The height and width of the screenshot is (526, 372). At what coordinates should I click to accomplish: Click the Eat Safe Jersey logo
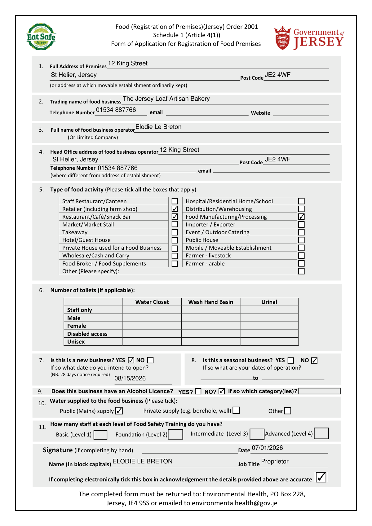tap(41, 37)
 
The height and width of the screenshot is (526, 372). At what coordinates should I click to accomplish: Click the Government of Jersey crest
tap(282, 38)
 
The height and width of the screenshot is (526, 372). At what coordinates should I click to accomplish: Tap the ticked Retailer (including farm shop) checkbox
tap(175, 209)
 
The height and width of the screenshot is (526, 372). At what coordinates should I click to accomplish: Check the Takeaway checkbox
tap(175, 232)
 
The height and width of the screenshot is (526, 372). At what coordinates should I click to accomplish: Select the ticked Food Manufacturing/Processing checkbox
tap(301, 217)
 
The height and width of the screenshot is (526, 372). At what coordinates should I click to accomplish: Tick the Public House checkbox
tap(301, 240)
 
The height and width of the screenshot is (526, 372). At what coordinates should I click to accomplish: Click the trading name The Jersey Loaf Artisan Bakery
tap(166, 99)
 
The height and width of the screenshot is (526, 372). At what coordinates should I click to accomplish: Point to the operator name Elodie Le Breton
tap(158, 127)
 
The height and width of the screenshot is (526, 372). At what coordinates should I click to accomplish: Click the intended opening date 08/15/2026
tap(130, 378)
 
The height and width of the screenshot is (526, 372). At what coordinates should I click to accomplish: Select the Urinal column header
tap(269, 302)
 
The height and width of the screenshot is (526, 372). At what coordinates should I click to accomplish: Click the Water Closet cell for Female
tap(152, 326)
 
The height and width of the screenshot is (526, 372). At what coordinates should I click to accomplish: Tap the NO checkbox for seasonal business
tap(314, 360)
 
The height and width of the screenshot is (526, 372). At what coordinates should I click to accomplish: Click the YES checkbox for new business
tap(131, 360)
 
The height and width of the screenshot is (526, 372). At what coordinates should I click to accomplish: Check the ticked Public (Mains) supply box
tap(119, 411)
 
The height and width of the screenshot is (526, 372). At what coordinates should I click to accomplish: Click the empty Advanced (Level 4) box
tap(321, 433)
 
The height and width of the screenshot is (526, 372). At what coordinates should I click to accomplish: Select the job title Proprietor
tap(275, 462)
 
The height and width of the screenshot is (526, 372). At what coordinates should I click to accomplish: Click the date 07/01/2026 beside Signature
tap(267, 448)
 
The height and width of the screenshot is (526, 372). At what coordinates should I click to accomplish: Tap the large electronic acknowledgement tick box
tap(321, 477)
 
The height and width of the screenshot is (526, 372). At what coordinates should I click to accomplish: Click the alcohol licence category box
tap(319, 391)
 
